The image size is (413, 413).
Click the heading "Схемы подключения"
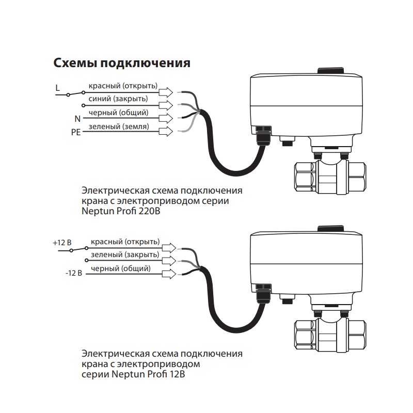122,63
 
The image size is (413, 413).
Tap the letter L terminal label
58,88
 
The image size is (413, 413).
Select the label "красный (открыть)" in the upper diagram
123,86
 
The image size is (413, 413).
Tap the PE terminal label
76,132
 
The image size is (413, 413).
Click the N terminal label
77,119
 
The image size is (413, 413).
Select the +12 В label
62,242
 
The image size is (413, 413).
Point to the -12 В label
74,273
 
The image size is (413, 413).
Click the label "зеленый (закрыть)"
124,255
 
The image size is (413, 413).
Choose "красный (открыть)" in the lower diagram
125,242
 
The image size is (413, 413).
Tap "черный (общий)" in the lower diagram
121,268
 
